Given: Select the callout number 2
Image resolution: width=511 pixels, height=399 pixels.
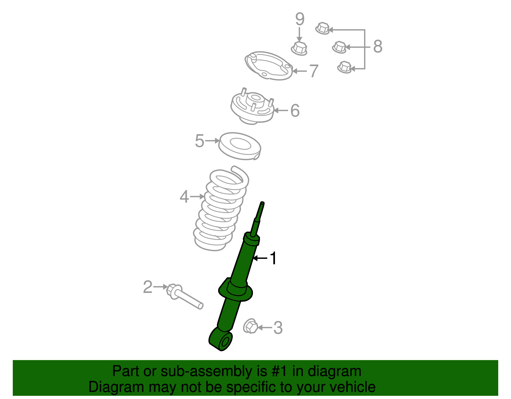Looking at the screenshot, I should coord(148,287).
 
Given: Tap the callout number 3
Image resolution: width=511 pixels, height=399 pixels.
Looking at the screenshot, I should coord(278,328).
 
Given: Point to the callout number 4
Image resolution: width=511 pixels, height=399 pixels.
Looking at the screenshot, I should coord(184,196).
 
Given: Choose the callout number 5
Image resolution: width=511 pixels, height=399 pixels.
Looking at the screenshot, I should coord(199,141).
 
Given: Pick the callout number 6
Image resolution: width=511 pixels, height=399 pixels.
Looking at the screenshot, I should coord(295,111).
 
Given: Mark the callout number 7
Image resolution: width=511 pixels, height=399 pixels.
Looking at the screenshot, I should coord(314,71).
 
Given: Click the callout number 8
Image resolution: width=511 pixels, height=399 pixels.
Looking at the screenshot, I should coord(378,47).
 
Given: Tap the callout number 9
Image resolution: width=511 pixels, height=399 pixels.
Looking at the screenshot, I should coord(300,19).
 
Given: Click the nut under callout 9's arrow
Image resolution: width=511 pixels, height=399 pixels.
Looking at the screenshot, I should coord(299,48).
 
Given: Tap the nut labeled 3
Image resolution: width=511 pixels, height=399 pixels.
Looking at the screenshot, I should coord(250,326).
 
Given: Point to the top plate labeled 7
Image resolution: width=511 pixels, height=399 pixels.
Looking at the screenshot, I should coord(269,65).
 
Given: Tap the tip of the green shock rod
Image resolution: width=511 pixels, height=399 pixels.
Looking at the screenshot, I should coord(262,203).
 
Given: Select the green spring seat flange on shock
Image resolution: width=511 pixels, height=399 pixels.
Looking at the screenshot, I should coord(235,290).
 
